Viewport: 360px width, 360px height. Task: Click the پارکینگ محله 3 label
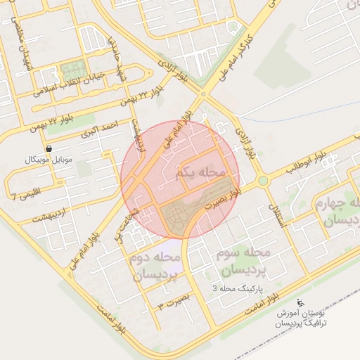tap(237, 289)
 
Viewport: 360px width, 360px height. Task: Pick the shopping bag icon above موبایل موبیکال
tap(49, 148)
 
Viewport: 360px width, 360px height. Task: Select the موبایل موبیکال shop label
tap(49, 160)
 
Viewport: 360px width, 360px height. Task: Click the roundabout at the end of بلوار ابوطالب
tap(263, 181)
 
